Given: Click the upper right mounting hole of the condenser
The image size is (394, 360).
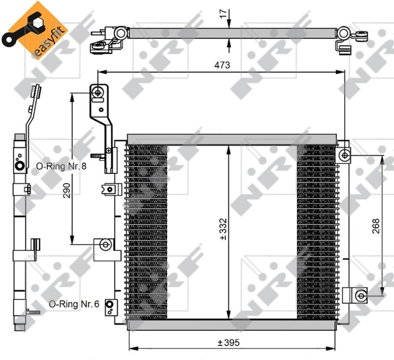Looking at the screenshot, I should tap(345, 155).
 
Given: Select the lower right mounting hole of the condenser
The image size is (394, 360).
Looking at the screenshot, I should tap(360, 295).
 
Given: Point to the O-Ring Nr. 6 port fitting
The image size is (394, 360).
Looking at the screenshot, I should tap(110, 307).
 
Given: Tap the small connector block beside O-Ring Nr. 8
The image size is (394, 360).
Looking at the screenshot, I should tap(109, 188).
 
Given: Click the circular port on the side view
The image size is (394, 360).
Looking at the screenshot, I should tap(20, 166).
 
